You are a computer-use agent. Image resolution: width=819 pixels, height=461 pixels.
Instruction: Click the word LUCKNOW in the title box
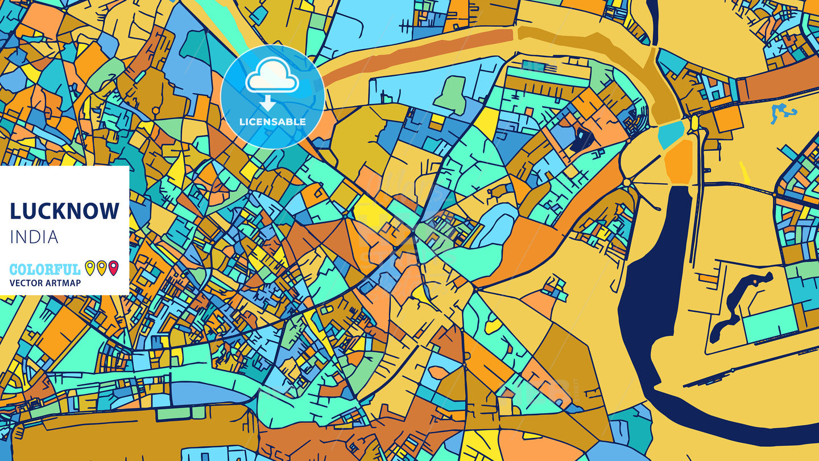(64, 211)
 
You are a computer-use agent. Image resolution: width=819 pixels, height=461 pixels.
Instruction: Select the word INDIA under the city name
(34, 237)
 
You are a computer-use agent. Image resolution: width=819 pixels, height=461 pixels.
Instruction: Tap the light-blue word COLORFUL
(45, 269)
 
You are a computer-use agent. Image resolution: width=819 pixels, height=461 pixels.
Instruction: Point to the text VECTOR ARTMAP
(45, 283)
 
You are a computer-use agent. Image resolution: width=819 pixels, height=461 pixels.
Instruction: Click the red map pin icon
(113, 267)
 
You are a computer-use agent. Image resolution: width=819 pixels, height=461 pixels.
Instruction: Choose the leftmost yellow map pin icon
(89, 267)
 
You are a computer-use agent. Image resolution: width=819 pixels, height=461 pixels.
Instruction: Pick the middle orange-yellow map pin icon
(101, 267)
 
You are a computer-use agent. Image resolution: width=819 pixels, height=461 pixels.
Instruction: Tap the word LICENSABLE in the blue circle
(272, 121)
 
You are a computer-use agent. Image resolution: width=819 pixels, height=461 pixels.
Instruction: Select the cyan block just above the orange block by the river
(671, 135)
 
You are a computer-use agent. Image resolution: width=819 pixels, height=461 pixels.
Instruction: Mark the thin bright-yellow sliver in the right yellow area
(744, 172)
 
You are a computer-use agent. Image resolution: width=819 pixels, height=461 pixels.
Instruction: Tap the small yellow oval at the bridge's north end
(694, 123)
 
